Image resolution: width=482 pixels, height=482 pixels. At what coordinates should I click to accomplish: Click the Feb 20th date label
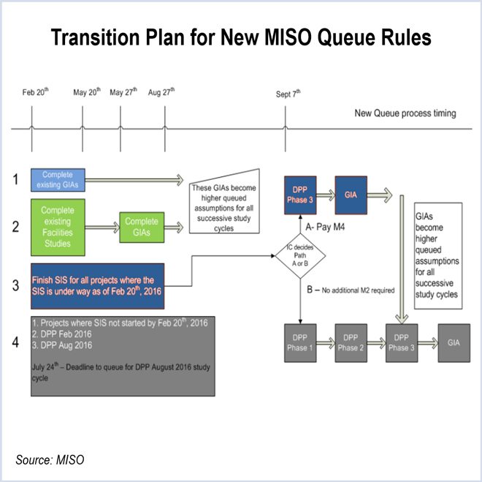(x=35, y=92)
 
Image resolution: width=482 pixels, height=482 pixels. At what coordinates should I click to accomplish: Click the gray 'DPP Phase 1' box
(x=301, y=342)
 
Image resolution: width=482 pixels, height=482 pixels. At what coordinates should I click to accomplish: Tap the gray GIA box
(x=454, y=342)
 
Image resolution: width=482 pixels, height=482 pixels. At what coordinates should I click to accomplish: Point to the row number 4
(x=16, y=342)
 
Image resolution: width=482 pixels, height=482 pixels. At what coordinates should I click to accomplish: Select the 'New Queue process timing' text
(x=405, y=113)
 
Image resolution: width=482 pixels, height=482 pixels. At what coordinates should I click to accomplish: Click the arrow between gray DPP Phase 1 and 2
(x=327, y=342)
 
